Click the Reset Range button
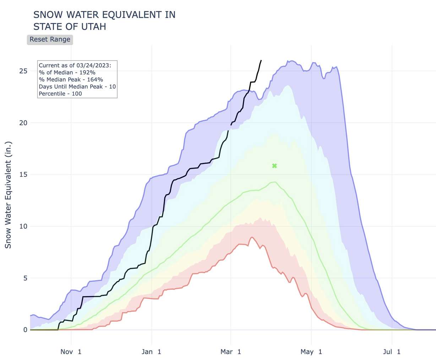point(50,39)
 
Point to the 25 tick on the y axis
point(23,71)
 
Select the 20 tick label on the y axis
point(23,123)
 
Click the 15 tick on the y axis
point(23,175)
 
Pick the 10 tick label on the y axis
point(23,227)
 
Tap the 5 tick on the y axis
point(25,278)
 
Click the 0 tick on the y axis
point(25,330)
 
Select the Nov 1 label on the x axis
point(71,352)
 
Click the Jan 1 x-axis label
point(151,352)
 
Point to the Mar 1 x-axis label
point(231,352)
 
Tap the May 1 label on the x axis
point(311,352)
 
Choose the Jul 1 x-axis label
point(392,352)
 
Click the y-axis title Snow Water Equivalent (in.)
point(8,195)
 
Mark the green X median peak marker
point(274,166)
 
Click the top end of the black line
point(261,60)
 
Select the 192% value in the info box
point(87,72)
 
